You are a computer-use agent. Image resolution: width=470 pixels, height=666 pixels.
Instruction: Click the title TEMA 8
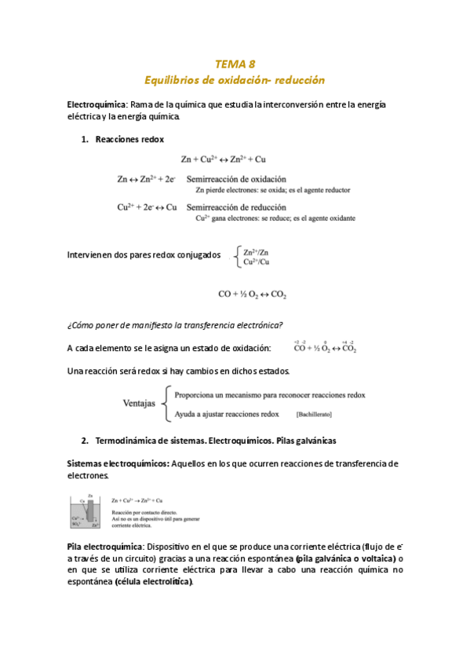coord(235,64)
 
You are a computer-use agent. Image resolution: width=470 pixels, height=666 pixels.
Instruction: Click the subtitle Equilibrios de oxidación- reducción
coord(235,80)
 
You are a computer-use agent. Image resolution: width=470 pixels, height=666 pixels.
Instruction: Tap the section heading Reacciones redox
coord(129,139)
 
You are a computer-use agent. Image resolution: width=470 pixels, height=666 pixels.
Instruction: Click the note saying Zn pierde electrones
coord(272,190)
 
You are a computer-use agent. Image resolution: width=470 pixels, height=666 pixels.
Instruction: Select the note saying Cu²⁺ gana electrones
coord(275,218)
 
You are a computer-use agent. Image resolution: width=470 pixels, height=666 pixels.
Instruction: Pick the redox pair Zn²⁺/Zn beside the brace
coord(256,252)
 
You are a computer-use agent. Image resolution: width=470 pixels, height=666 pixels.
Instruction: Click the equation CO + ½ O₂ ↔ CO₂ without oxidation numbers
coord(252,295)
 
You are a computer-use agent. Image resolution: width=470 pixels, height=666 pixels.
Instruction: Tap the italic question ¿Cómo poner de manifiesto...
coord(174,325)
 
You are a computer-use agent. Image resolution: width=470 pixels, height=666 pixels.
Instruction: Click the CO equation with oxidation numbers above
coord(325,348)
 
